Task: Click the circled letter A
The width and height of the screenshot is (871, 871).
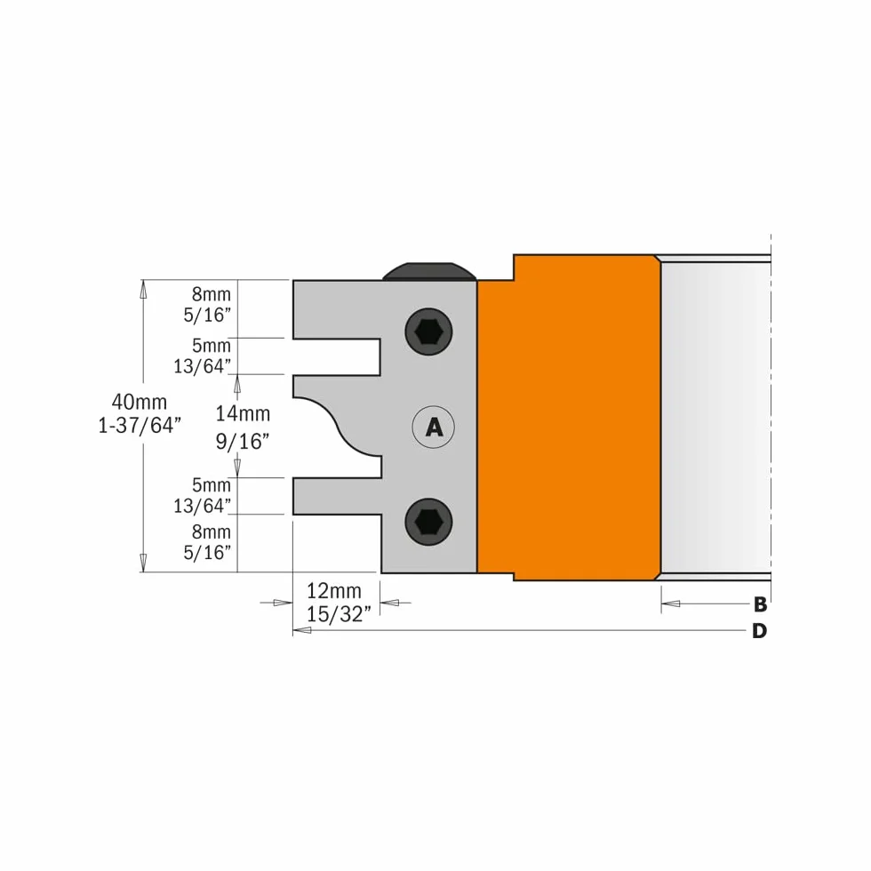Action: coord(434,428)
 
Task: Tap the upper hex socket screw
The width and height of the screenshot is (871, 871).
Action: coord(428,332)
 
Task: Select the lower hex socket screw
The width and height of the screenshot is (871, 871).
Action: coord(428,522)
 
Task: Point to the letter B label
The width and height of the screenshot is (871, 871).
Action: coord(760,604)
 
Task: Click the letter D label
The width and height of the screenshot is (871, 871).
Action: coord(759,631)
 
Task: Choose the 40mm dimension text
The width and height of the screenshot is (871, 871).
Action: coord(139,402)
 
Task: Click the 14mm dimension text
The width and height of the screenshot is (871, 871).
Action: coord(243,414)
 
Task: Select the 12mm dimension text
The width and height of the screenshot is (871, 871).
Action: coord(334,590)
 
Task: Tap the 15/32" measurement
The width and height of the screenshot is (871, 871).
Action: coord(339,614)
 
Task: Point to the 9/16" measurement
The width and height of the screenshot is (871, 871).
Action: coord(242,442)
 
